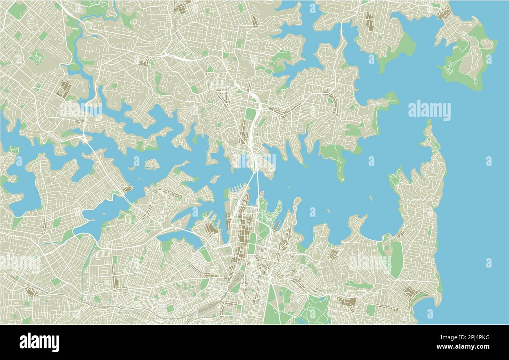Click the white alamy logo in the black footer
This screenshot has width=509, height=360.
coord(40,342)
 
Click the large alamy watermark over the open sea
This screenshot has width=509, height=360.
coord(429,110)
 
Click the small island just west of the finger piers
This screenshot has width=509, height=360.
coord(215,179)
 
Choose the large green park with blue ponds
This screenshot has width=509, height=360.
coord(313,309)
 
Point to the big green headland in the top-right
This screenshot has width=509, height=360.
coord(466,63)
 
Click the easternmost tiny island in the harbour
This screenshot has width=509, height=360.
coord(370,197)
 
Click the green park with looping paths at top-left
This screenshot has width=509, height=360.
coord(37,57)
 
